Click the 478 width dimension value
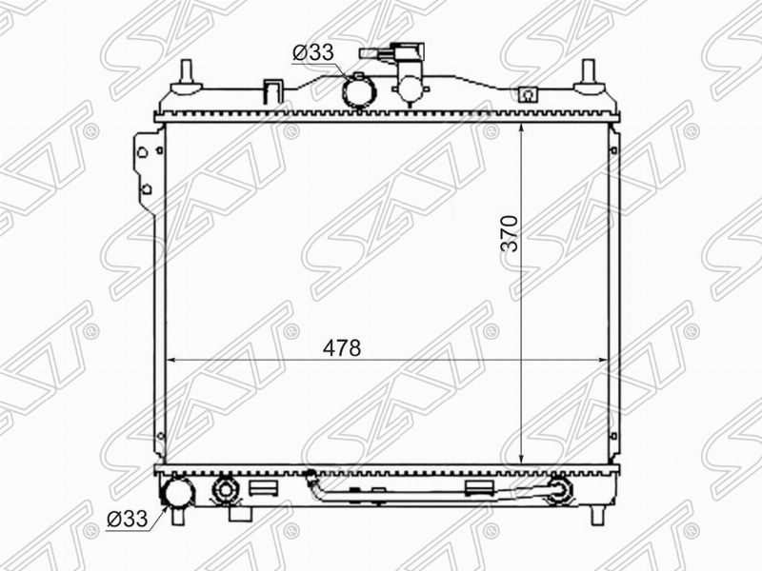pyautogui.click(x=342, y=347)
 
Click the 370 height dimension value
pyautogui.click(x=510, y=233)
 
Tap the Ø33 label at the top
pyautogui.click(x=313, y=52)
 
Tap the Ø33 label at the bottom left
pyautogui.click(x=127, y=519)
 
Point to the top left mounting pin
pyautogui.click(x=186, y=78)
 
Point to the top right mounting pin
pyautogui.click(x=589, y=78)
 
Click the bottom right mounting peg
pyautogui.click(x=597, y=515)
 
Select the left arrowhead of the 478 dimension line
pyautogui.click(x=171, y=361)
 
